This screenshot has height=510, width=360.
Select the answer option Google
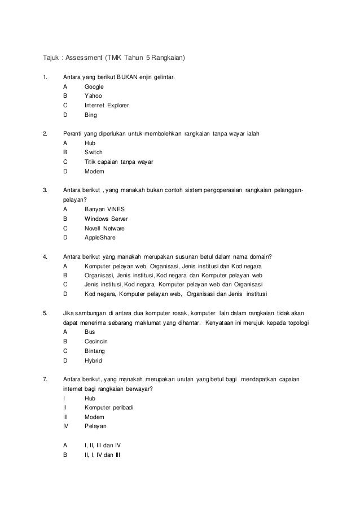coord(94,86)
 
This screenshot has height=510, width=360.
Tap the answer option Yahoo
coord(93,96)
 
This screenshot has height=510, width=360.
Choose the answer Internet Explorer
coord(107,106)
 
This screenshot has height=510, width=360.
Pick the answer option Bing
coord(90,115)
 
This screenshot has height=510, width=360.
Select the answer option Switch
coord(93,152)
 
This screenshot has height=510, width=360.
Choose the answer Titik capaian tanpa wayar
coord(118,162)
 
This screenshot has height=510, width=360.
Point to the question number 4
coord(45,256)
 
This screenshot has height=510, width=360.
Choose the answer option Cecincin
coord(96,341)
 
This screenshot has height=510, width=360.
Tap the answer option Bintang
coord(94,351)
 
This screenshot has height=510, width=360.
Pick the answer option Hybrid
coord(93,360)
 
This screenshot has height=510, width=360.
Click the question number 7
coord(45,379)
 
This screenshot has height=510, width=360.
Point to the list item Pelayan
coord(95,426)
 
